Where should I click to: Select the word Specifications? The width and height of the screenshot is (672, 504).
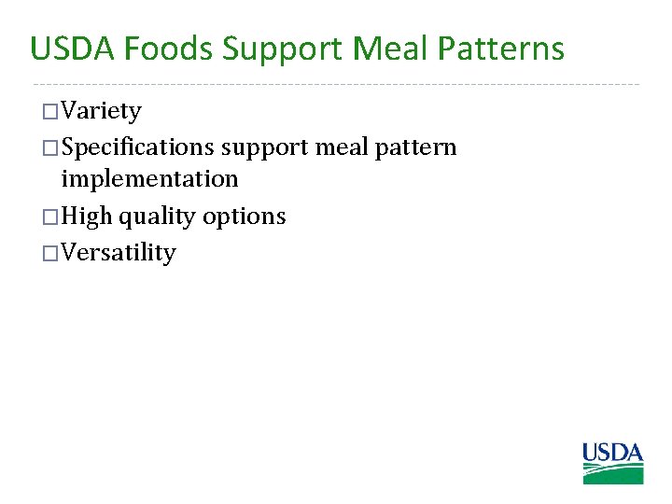click(138, 148)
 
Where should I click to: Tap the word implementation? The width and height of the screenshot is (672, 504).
click(149, 178)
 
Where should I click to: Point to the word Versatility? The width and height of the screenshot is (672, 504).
click(118, 253)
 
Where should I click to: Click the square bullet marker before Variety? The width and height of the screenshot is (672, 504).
click(50, 113)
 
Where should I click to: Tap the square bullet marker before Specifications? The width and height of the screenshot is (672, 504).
click(50, 148)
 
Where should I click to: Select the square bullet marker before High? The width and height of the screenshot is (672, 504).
click(50, 217)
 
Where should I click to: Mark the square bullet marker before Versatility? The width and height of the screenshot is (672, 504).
click(50, 253)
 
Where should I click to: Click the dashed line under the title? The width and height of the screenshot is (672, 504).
click(336, 84)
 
